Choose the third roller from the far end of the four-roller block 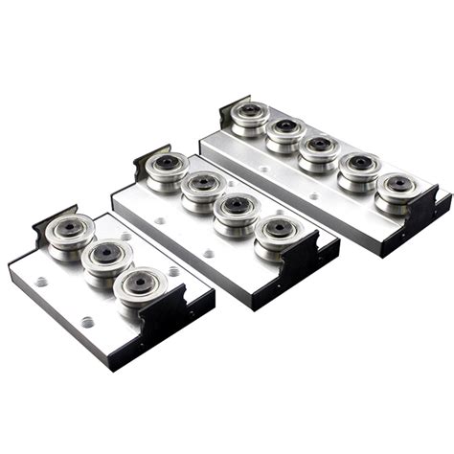(236, 208)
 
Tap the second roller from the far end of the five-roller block (285, 131)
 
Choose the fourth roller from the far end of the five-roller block (358, 168)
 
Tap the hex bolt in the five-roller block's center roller (319, 146)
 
